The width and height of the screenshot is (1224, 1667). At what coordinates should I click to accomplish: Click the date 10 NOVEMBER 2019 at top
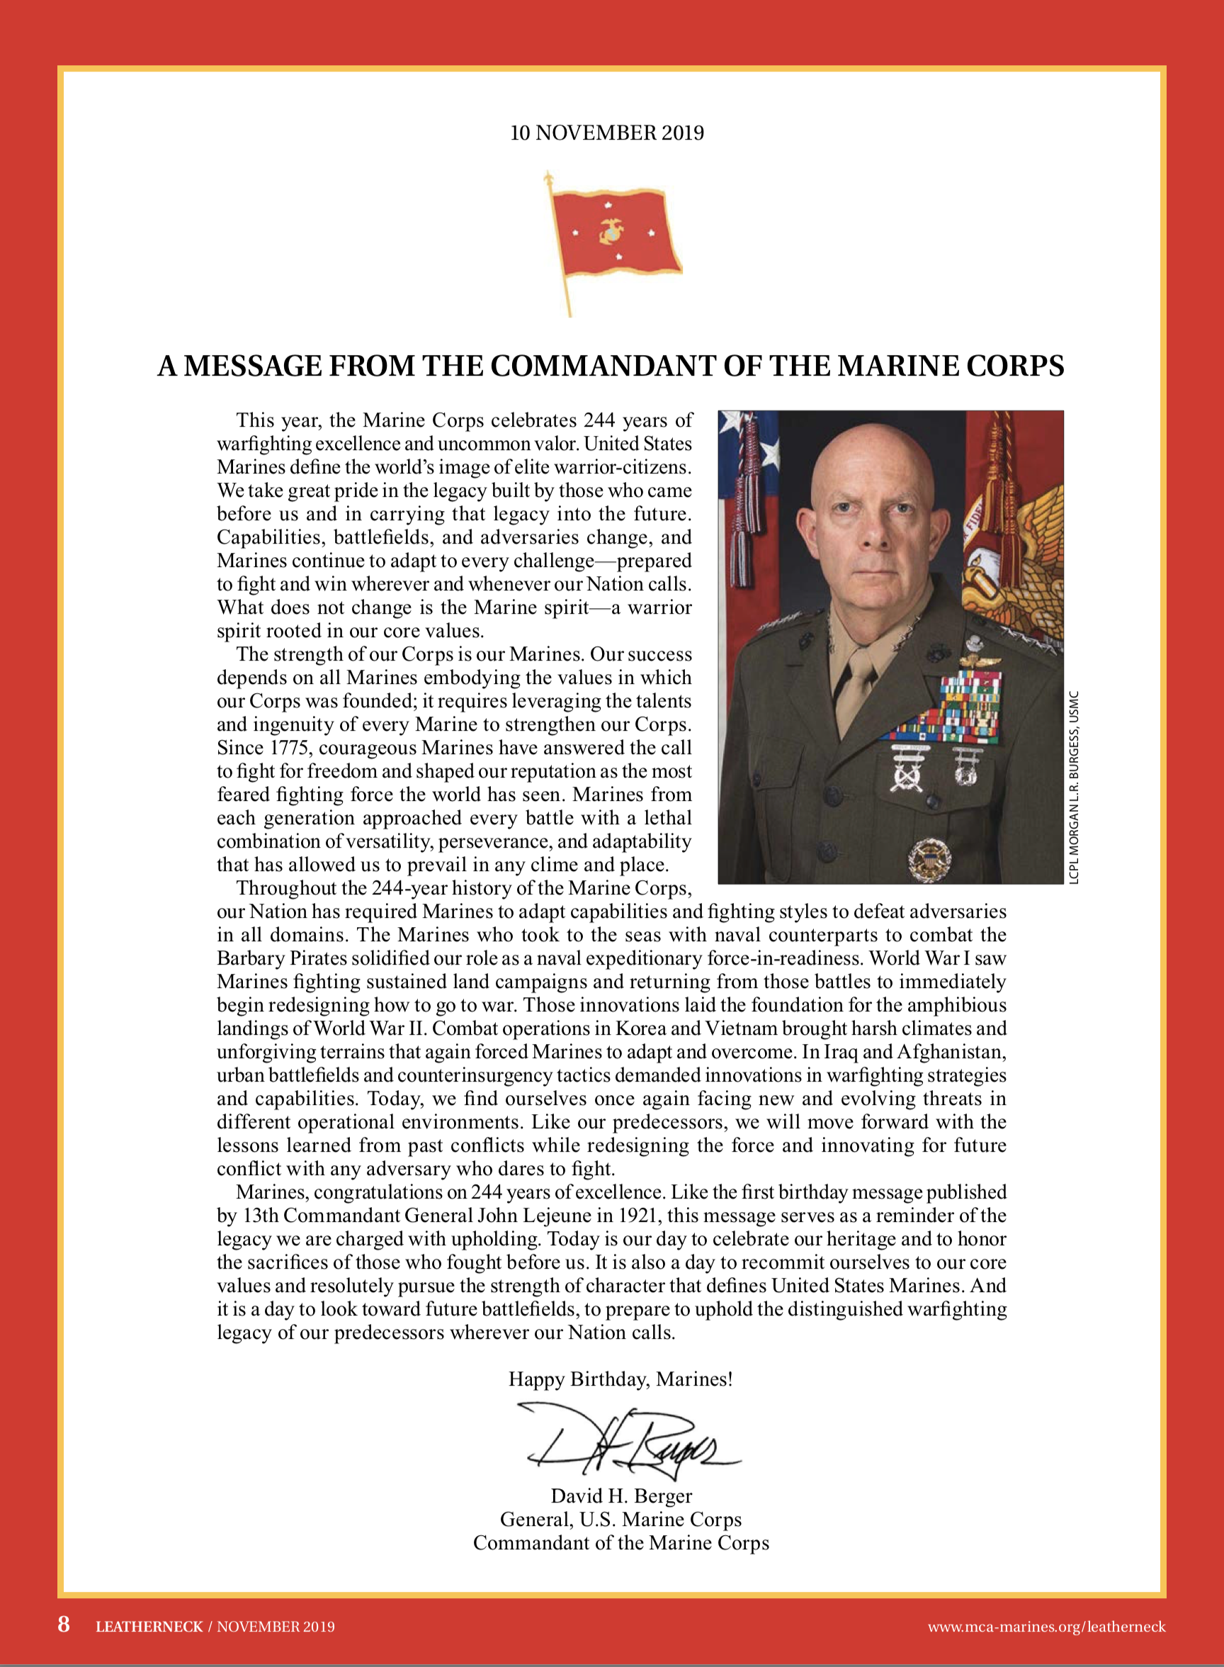pos(607,133)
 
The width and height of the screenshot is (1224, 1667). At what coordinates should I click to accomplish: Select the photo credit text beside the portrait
pos(1075,787)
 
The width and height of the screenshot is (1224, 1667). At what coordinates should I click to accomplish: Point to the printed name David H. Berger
pos(621,1496)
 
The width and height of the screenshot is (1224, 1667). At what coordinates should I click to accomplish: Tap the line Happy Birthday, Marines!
pos(620,1379)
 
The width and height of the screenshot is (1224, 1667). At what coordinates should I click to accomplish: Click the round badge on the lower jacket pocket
pos(929,858)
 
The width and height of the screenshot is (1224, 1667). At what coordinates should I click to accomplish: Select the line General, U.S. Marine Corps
pos(621,1520)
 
